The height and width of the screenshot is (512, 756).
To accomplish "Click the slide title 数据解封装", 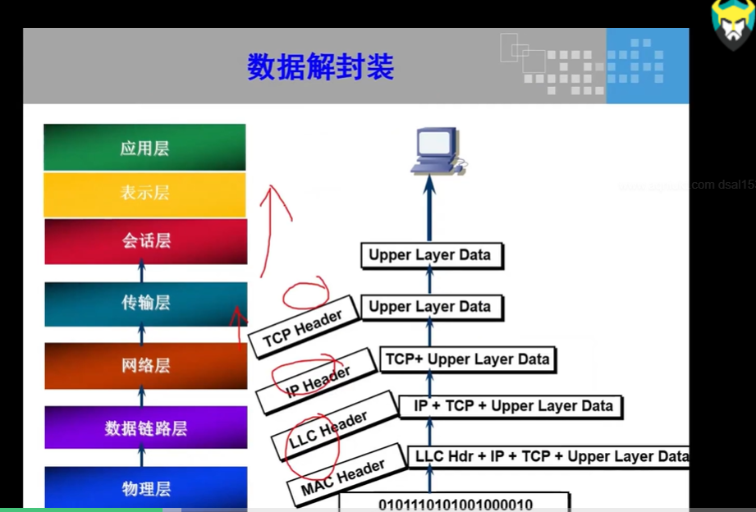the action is pos(320,67).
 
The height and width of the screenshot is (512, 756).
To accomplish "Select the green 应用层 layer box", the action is pos(144,148).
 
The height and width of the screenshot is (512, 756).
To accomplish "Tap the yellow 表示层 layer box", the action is pos(144,194).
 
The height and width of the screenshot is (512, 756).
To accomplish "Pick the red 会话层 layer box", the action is pos(145,241).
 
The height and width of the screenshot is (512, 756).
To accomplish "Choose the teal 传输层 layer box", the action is pos(145,304).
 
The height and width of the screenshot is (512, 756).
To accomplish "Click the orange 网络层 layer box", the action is pos(145,366).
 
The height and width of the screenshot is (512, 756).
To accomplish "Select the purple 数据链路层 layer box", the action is pos(145,427).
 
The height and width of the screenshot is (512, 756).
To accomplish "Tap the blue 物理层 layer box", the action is pos(145,488).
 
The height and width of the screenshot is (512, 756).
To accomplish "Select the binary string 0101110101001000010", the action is pos(455,503).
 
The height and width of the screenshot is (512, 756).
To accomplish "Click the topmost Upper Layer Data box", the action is pos(429,255).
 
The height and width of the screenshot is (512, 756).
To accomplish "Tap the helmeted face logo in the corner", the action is pos(733,25).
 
